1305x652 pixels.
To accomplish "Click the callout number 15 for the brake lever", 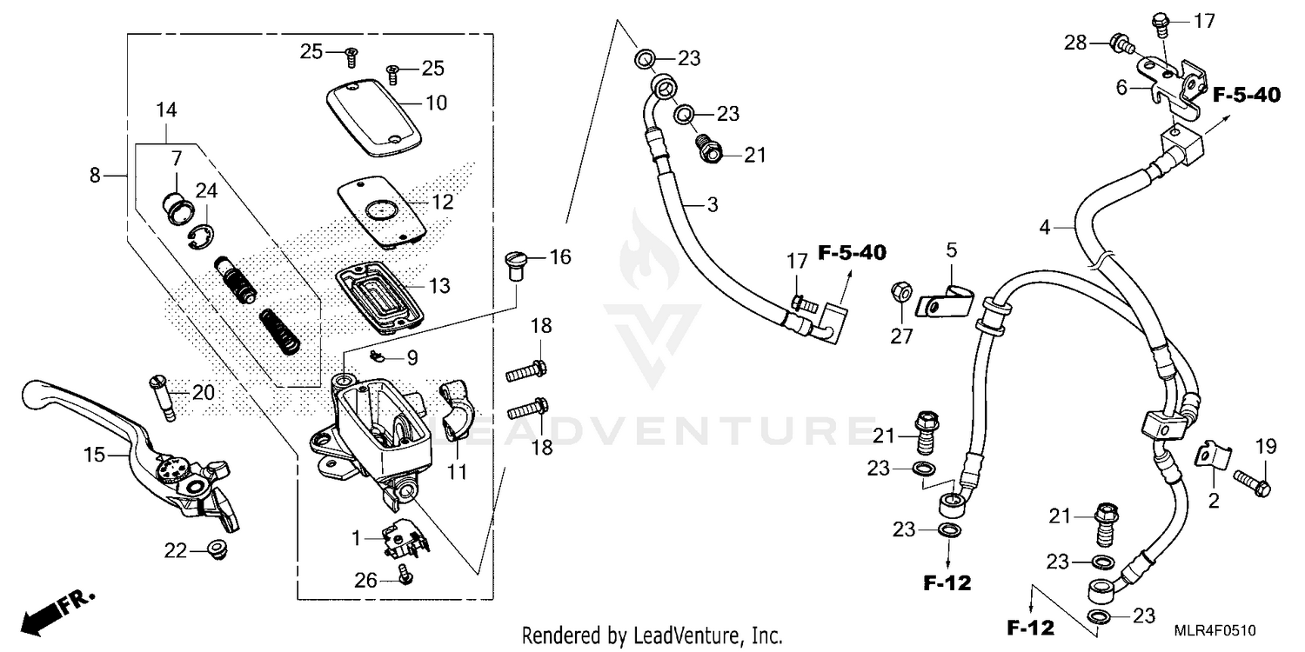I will (x=93, y=454).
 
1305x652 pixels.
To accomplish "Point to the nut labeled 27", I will (x=901, y=293).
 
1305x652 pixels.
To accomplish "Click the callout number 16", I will (x=560, y=256).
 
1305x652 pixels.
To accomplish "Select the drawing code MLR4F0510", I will (x=1218, y=629).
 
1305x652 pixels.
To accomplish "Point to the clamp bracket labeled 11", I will (x=456, y=409).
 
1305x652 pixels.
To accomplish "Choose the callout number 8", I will (x=95, y=176).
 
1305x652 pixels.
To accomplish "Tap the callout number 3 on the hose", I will (x=711, y=205).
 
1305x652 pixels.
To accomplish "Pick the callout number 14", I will (x=166, y=110).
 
